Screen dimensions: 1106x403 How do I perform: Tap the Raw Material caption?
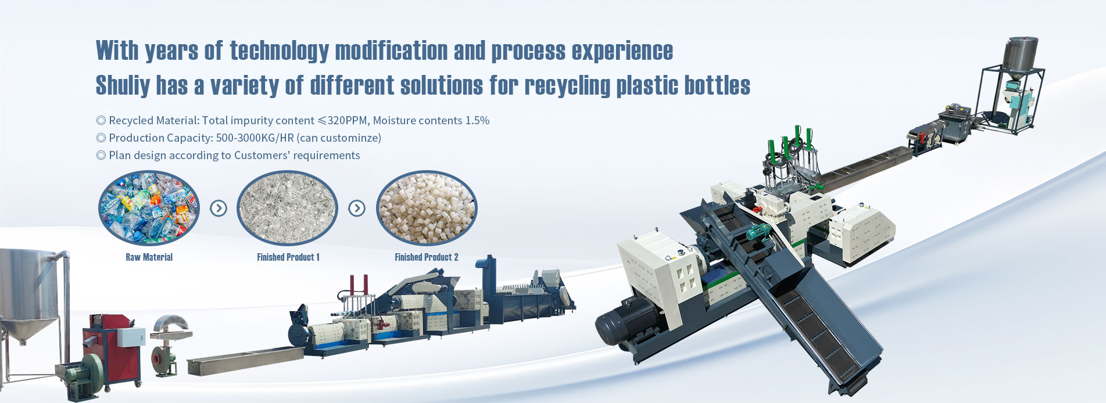coord(149,257)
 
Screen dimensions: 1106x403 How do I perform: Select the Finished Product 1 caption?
coord(288,257)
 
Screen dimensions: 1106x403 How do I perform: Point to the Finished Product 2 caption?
coord(427,257)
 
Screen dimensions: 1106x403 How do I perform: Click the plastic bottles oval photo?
coord(149,207)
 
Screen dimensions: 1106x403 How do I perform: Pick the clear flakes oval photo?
coord(287,207)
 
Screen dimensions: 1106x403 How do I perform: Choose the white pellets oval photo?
coord(426,207)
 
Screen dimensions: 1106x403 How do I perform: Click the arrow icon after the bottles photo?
coord(218,208)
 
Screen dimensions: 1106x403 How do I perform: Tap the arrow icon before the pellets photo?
coord(357,208)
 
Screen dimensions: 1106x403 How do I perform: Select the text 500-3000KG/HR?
coord(255,138)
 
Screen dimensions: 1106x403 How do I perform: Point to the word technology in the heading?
coord(280,51)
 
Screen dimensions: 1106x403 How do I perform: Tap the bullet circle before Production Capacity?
coord(101,138)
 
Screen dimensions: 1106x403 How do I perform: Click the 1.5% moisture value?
coord(477,120)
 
